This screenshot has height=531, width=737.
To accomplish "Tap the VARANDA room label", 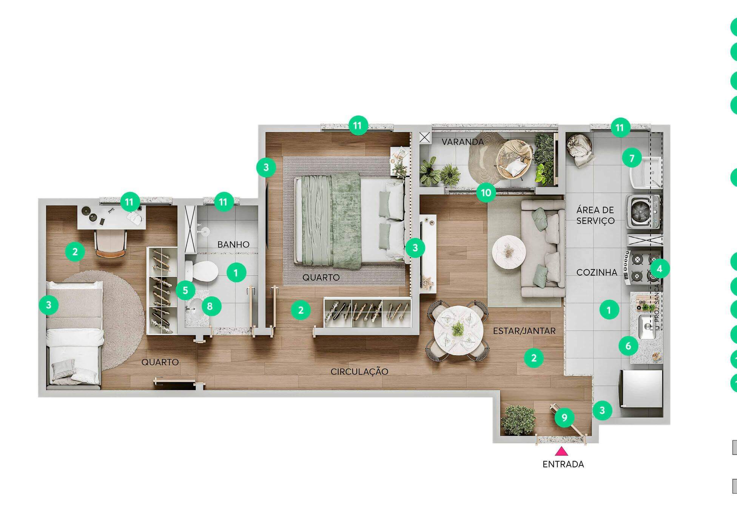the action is pos(463,142).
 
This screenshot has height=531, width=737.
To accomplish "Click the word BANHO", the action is pos(233,245).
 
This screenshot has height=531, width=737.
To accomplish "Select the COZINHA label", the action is pos(597,272).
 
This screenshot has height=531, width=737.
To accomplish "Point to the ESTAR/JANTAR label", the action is pos(524,331).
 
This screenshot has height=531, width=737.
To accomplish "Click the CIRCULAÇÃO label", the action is pos(359,372).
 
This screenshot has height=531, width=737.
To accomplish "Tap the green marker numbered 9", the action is pos(564,417).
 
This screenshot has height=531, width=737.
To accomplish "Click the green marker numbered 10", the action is pos(486,193).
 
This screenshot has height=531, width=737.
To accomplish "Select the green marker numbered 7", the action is pos(632,158).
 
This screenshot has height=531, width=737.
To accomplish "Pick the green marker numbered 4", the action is pos(660,269).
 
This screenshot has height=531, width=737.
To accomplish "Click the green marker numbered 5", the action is pos(185,290).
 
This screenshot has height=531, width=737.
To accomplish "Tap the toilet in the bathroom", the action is pos(202,270).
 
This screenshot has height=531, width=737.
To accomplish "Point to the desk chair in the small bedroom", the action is pos(110,244).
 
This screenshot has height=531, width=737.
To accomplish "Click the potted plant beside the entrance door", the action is pos(518,420).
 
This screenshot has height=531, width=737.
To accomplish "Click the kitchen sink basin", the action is pos(647,327).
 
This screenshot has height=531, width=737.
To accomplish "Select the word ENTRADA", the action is pos(563,464).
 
